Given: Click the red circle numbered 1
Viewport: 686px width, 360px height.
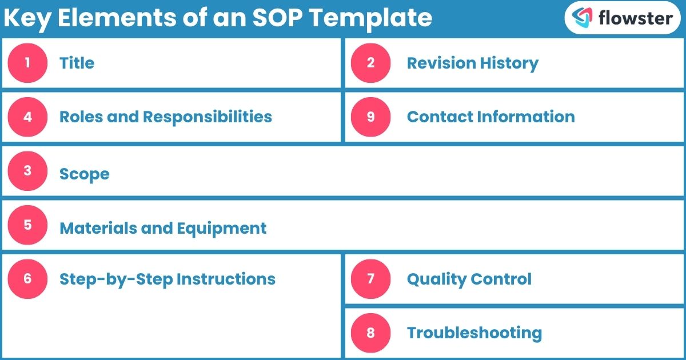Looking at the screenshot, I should coord(27,63).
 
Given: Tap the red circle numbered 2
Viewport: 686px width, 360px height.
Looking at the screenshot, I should coord(370,63).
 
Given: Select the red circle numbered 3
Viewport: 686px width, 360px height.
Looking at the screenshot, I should coord(27,171).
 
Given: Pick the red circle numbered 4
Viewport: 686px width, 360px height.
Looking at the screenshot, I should coord(27,117).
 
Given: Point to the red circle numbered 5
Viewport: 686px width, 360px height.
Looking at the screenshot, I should coord(27,225).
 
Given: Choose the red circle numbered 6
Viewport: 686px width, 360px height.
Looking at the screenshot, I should coord(27,279).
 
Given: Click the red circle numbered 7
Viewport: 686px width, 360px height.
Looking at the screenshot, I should coord(370,279).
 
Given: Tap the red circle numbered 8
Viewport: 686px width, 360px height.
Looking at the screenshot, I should coord(370,333).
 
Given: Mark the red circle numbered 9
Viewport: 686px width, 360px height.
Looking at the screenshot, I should coord(370,117).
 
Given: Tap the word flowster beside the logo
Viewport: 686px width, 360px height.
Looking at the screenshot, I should coord(635,18).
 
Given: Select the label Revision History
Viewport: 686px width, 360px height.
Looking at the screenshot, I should coord(472,63).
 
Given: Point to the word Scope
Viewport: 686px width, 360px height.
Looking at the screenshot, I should coord(84,174).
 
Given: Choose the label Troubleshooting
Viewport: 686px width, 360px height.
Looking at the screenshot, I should coord(474,333).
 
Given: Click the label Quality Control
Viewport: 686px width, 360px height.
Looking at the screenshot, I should coord(469,279).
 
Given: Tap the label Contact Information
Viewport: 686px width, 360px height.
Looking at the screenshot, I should coord(490,117).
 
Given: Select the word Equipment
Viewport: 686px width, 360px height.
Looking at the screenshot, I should coord(221,229).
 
